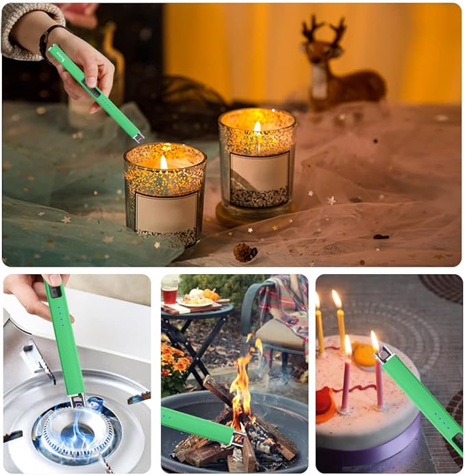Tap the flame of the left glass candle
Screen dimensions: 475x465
pyautogui.click(x=164, y=162)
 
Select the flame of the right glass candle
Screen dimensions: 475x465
pyautogui.click(x=257, y=128)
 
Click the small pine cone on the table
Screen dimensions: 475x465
pyautogui.click(x=244, y=252)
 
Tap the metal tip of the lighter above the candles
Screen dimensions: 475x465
pyautogui.click(x=138, y=137)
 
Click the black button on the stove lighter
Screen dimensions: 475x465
pyautogui.click(x=54, y=292)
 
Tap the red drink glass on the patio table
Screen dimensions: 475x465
pyautogui.click(x=170, y=295)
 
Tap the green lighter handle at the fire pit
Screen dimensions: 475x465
pyautogui.click(x=195, y=424)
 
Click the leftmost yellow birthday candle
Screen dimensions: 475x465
pyautogui.click(x=319, y=328)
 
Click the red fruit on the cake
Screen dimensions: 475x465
pyautogui.click(x=323, y=400)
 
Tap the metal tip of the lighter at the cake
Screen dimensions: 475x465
pyautogui.click(x=383, y=353)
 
